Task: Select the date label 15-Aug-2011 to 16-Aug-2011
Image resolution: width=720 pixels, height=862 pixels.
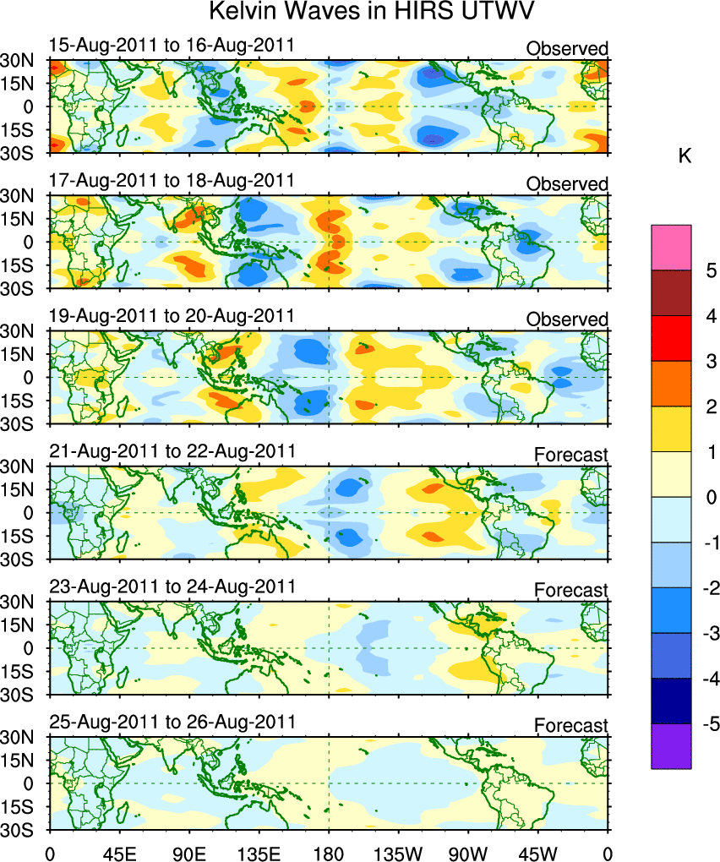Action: pyautogui.click(x=172, y=45)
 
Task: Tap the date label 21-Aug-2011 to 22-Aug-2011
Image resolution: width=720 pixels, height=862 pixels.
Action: pyautogui.click(x=172, y=450)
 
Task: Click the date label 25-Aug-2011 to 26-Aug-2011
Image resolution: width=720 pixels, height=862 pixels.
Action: pyautogui.click(x=172, y=722)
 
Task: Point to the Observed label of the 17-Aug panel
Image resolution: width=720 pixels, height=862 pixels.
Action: pyautogui.click(x=567, y=184)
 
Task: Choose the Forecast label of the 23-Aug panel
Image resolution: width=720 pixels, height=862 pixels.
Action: pyautogui.click(x=570, y=590)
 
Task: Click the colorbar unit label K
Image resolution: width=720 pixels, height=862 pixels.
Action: pyautogui.click(x=685, y=155)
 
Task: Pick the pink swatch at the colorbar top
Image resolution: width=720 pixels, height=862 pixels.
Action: pyautogui.click(x=671, y=247)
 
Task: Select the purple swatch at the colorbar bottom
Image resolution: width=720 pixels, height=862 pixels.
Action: pyautogui.click(x=671, y=746)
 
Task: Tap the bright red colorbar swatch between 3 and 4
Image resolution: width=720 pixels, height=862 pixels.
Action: pyautogui.click(x=671, y=338)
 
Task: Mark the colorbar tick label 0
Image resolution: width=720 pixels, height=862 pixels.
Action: pyautogui.click(x=712, y=497)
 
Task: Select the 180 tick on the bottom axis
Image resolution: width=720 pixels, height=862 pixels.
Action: pyautogui.click(x=328, y=847)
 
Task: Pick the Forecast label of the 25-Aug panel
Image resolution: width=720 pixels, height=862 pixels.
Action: pyautogui.click(x=570, y=726)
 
